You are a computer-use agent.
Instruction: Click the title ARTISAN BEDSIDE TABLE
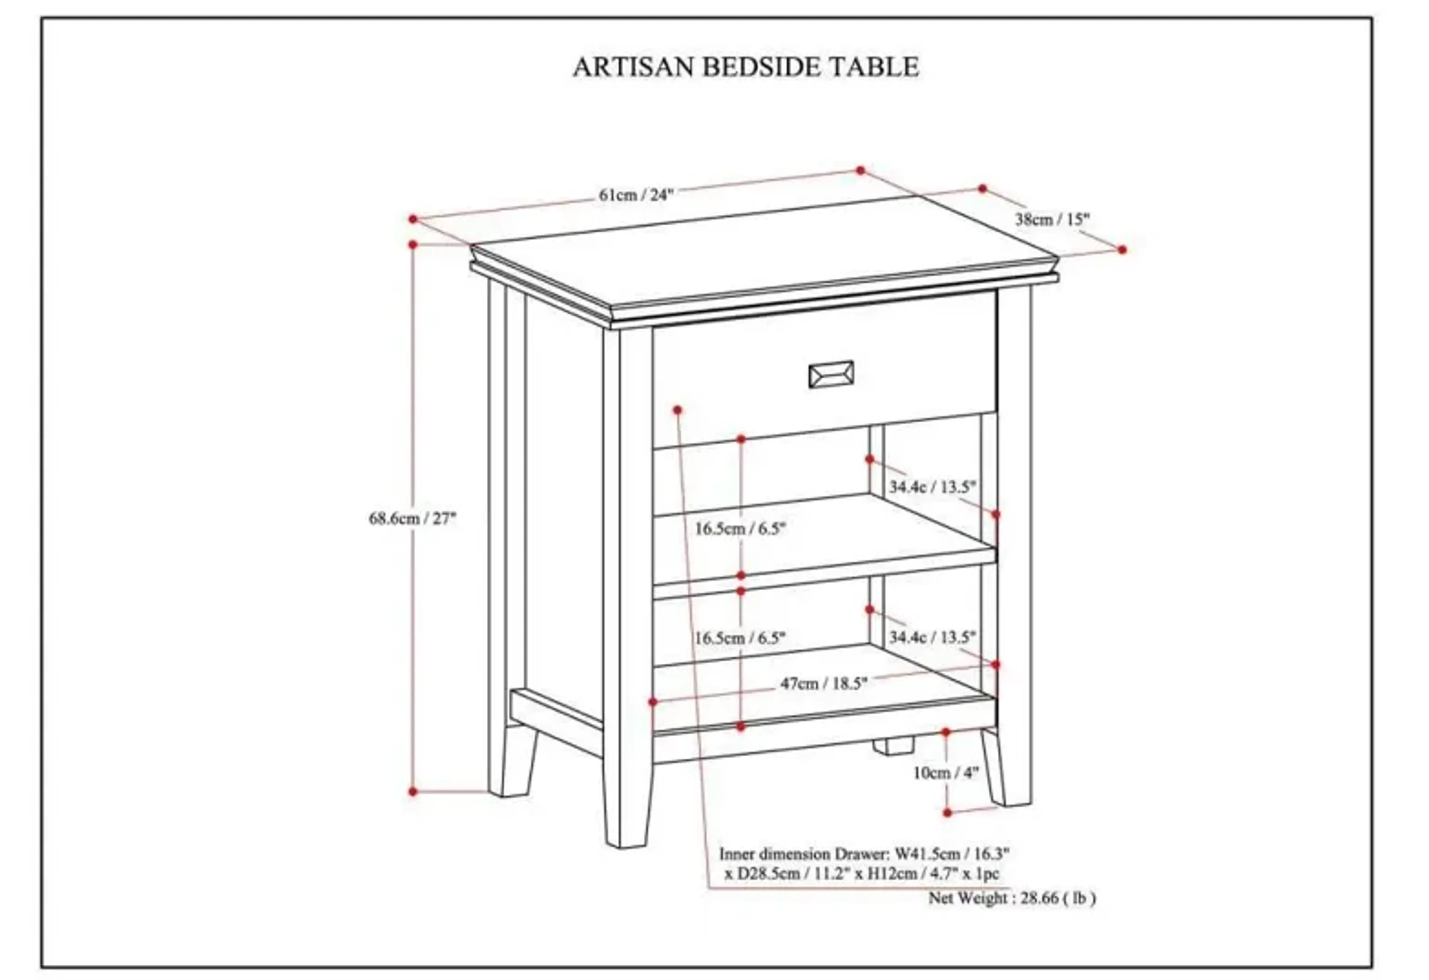[745, 66]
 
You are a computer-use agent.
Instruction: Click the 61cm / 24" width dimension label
[636, 195]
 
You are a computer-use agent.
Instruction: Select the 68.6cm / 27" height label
[412, 518]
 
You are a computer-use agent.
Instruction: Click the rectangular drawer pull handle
[831, 374]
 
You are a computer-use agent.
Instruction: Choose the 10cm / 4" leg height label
[945, 773]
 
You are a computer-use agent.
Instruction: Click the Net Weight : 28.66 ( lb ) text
[1011, 898]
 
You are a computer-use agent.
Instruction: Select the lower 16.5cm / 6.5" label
[740, 638]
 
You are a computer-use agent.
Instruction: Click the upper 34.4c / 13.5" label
[932, 487]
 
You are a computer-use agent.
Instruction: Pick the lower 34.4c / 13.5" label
[932, 637]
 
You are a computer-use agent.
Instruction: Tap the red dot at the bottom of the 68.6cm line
[413, 792]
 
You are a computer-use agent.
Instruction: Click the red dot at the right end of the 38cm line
[1122, 250]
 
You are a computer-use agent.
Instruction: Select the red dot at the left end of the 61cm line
[413, 219]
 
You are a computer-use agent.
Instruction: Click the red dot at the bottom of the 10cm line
[947, 813]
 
